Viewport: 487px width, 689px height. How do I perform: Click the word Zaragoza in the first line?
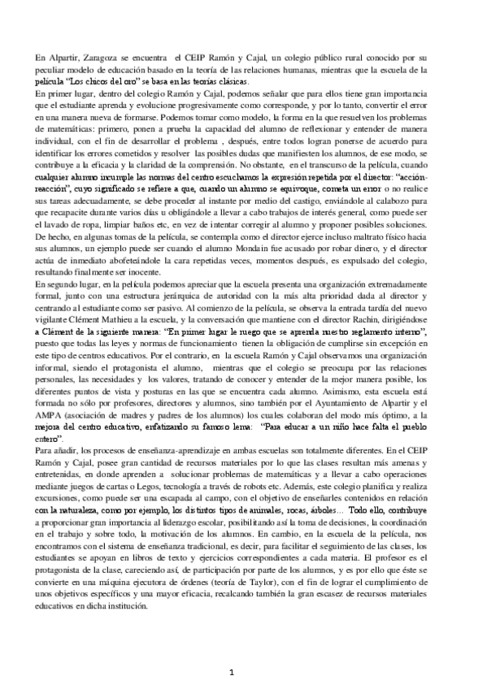point(95,60)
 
